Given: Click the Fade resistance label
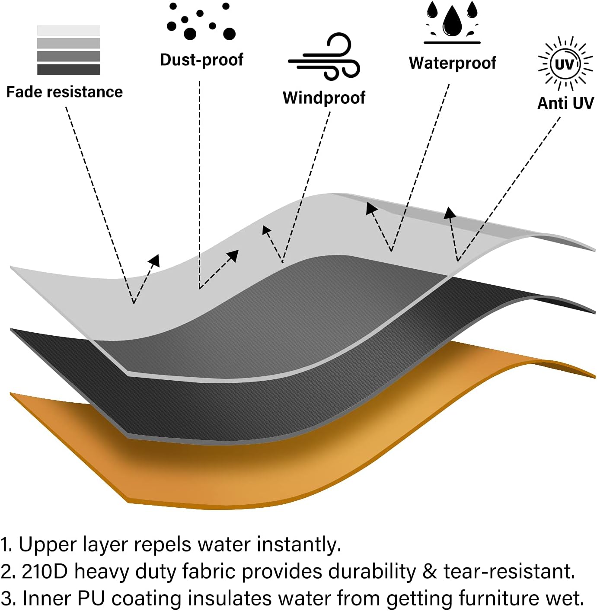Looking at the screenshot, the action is pos(64,92).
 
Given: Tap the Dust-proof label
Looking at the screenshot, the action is pos(201,60).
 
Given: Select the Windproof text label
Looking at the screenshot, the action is pos(324,98).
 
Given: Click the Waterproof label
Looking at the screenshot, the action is pos(452,63).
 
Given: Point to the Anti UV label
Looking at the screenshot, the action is pos(565,103).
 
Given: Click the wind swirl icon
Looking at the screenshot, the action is pos(324,57).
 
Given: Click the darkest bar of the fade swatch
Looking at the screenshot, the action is pos(68,70).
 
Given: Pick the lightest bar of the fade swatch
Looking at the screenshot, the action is pos(68,30).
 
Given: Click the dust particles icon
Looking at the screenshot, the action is pos(201,21).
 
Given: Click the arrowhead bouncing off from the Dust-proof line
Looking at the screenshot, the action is pos(233,255).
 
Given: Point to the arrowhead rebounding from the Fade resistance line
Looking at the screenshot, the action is pos(154,261).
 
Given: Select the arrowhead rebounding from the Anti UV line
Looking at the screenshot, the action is pos(450,213).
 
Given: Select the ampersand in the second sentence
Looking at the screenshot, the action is pos(430,571).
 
